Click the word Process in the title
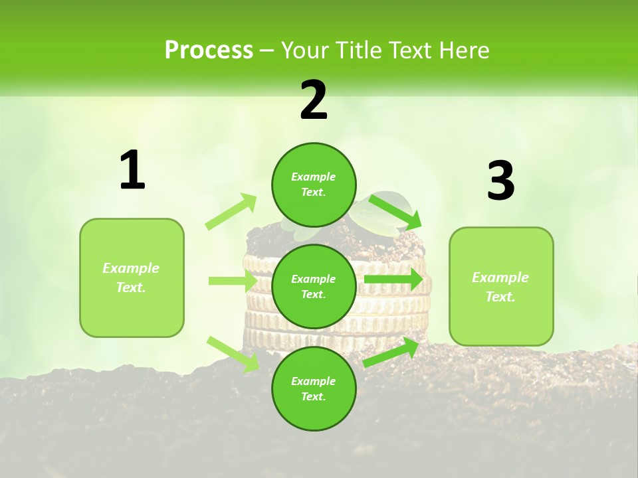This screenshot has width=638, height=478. click(x=209, y=50)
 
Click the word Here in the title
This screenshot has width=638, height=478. click(x=462, y=50)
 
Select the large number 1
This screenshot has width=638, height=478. click(x=132, y=171)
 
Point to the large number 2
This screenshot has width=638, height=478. click(x=314, y=100)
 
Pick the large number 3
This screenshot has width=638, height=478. click(x=500, y=181)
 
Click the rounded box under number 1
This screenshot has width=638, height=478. click(x=132, y=278)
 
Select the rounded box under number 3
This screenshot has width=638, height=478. click(x=501, y=286)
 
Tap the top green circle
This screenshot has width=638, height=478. click(x=314, y=185)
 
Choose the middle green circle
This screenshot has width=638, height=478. click(x=314, y=286)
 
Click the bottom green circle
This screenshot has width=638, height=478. click(x=314, y=388)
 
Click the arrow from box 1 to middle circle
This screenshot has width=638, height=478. click(x=233, y=281)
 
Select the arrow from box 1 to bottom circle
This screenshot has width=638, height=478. click(x=233, y=354)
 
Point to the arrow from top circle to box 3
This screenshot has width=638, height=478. click(x=395, y=210)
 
